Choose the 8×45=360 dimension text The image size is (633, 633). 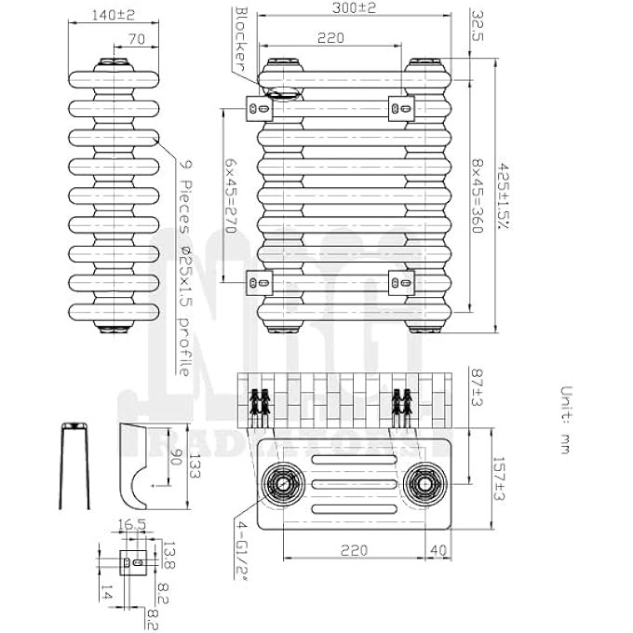click(x=478, y=195)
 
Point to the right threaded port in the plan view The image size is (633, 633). click(x=424, y=483)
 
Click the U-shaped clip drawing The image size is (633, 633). click(x=74, y=465)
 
